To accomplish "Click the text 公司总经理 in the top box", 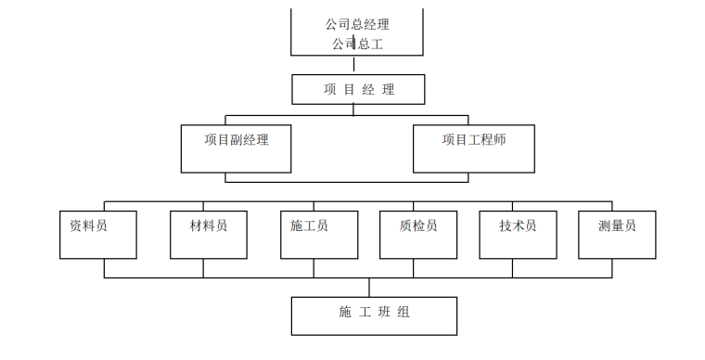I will click(357, 24).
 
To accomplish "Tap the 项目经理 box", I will click(358, 90).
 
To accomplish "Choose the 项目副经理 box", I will click(237, 148).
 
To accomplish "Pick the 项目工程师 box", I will click(474, 148).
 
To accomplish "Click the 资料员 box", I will click(98, 234).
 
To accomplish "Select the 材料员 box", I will click(209, 234).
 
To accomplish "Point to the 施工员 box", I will click(318, 234).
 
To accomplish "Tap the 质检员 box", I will click(418, 234).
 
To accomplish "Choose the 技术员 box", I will click(517, 234).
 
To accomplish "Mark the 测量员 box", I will click(617, 234).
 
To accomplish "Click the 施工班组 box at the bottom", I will click(374, 315).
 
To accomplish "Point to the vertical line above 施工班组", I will click(368, 287).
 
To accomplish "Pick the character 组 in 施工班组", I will click(404, 312).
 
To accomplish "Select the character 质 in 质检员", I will click(405, 225).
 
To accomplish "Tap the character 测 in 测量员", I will click(604, 225).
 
